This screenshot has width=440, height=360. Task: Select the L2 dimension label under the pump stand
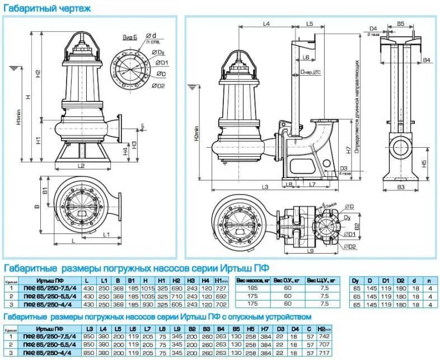(81, 166)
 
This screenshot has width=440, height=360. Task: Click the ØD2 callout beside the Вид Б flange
(158, 86)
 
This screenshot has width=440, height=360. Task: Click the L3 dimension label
(265, 186)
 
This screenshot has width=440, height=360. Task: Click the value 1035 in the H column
(148, 296)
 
